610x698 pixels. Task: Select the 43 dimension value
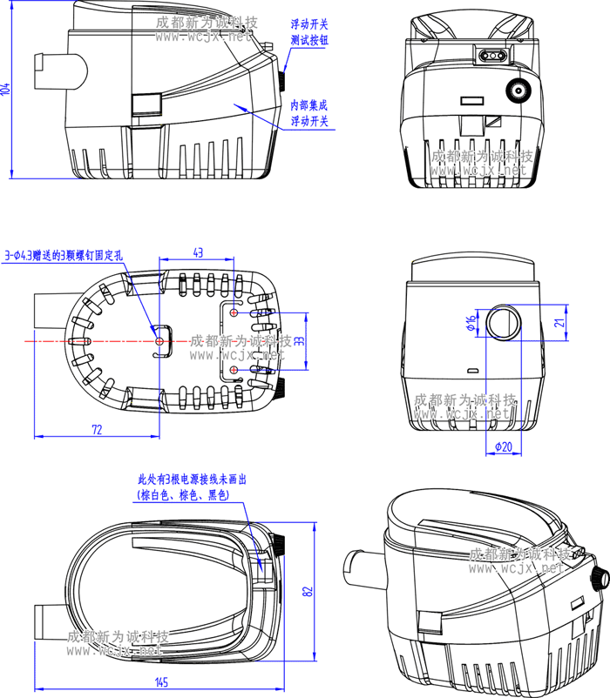click(198, 252)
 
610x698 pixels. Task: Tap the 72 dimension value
click(97, 429)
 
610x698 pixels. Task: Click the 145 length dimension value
click(162, 681)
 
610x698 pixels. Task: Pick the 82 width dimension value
click(307, 591)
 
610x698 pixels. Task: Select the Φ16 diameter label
click(471, 324)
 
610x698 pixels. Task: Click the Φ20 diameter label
click(503, 446)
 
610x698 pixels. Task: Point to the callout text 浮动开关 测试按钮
click(309, 33)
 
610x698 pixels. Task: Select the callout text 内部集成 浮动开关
click(309, 113)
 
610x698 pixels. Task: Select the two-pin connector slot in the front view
click(491, 56)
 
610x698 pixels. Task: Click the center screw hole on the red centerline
click(159, 342)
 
